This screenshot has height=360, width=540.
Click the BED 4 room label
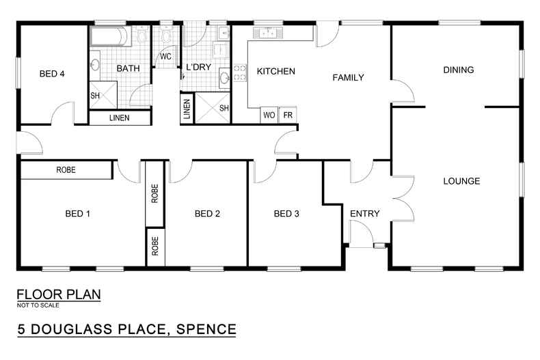(x=52, y=74)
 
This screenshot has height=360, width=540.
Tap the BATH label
(x=128, y=68)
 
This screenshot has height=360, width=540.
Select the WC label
(x=165, y=57)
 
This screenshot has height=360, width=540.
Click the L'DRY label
(x=198, y=68)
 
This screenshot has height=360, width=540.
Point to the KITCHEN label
(x=275, y=71)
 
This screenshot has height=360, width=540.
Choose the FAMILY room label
(x=348, y=77)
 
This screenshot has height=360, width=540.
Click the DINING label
(x=458, y=70)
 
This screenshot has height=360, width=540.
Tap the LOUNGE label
(x=461, y=181)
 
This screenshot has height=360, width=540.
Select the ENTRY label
(x=364, y=214)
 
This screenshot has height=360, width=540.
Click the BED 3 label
(x=286, y=214)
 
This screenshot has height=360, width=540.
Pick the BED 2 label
(x=207, y=214)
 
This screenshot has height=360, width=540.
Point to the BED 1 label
(x=78, y=214)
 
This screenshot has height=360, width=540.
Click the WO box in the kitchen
(x=269, y=115)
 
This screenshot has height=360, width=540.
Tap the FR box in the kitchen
(x=288, y=115)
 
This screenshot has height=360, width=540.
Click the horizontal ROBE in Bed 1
(x=66, y=170)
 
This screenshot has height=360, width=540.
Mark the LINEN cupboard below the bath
(x=120, y=119)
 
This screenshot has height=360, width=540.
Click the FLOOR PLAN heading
(x=59, y=295)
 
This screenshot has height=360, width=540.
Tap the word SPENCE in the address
(x=206, y=329)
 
